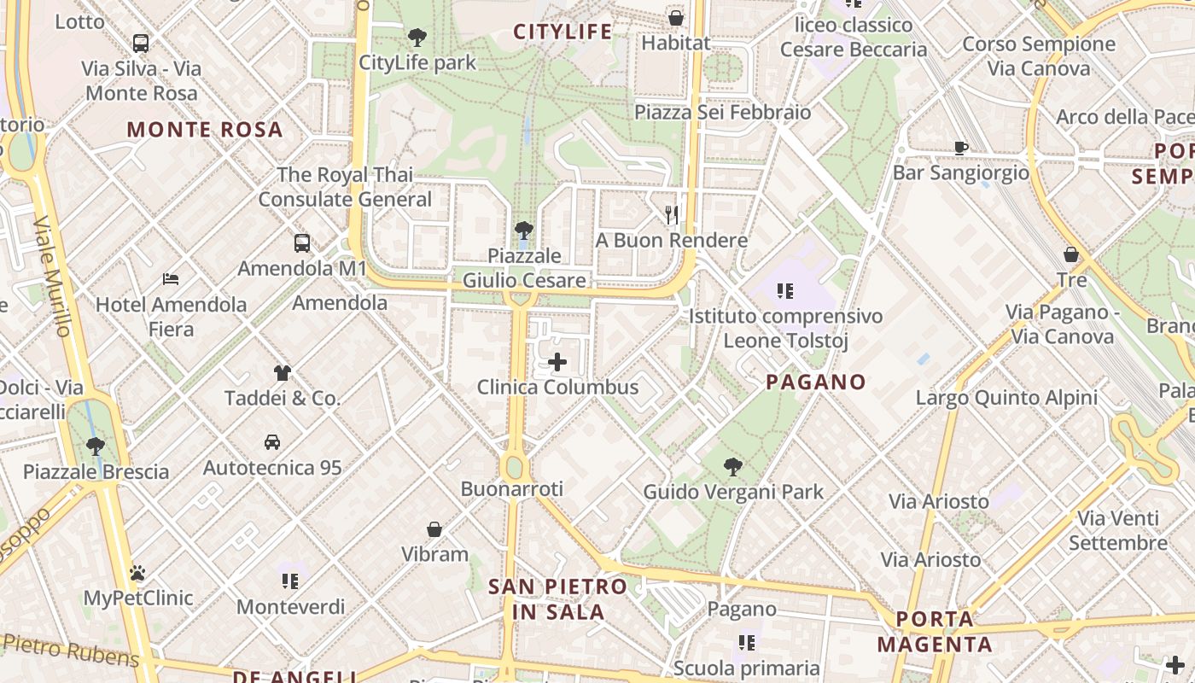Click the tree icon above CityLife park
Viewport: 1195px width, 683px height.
click(417, 37)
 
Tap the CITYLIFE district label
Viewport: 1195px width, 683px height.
click(563, 32)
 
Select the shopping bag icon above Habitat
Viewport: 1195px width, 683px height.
click(676, 17)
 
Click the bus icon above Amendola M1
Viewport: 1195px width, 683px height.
click(302, 243)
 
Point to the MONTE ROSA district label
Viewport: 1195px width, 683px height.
click(204, 130)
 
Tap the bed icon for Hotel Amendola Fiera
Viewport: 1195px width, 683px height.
click(171, 279)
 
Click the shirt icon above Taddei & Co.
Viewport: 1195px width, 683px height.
click(283, 373)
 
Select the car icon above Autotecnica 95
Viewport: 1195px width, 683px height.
click(272, 442)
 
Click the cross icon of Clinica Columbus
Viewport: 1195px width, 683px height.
click(557, 362)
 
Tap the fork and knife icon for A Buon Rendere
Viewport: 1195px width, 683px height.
click(672, 214)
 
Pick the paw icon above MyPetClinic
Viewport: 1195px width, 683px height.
click(137, 573)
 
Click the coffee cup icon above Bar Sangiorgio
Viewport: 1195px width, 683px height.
click(961, 148)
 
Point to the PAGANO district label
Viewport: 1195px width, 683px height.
click(816, 382)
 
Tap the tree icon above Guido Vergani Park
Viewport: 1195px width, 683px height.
click(732, 467)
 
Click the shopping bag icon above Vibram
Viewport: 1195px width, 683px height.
click(434, 529)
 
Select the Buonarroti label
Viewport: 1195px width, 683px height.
click(512, 489)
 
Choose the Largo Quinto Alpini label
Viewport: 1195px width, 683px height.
click(1006, 398)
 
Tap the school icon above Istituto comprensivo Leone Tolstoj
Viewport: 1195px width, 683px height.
click(785, 291)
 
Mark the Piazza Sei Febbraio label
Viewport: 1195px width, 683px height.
click(723, 112)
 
